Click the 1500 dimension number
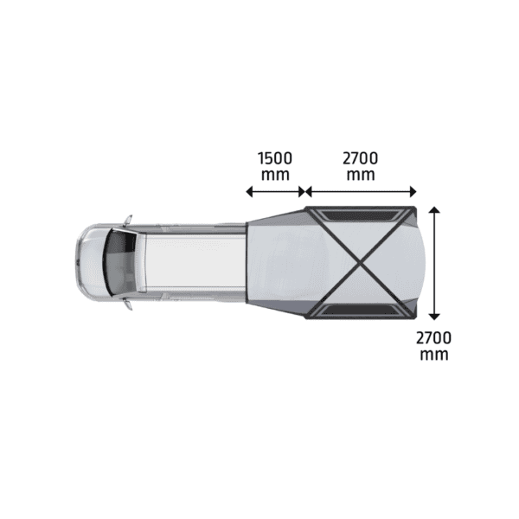coord(275,158)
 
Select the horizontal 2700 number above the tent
coord(360,158)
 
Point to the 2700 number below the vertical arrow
coord(434,337)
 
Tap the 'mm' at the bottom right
coord(434,354)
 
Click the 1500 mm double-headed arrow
coord(275,192)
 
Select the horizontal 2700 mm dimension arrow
coord(361,192)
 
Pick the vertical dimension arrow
coord(435,264)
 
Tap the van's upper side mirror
coord(127,218)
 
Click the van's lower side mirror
coord(127,303)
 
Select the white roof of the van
coord(190,260)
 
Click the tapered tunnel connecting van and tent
coord(275,260)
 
